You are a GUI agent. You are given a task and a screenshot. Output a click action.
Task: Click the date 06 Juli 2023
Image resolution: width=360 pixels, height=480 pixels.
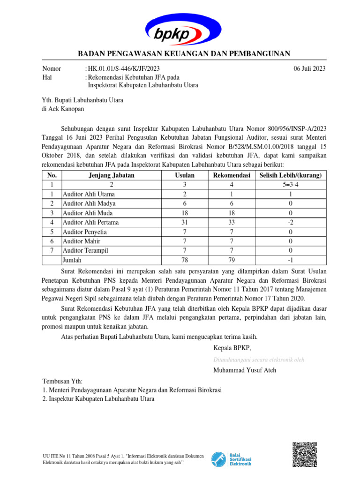[309, 68]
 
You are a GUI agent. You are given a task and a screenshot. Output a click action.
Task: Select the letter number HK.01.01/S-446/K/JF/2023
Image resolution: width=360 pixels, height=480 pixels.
[120, 68]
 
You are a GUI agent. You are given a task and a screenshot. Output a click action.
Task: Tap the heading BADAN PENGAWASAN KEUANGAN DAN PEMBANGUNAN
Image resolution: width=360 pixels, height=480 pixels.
[184, 53]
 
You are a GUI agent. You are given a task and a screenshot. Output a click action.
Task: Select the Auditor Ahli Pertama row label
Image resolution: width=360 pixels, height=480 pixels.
[90, 222]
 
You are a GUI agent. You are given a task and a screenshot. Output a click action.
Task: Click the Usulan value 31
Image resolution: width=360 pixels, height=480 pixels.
[185, 222]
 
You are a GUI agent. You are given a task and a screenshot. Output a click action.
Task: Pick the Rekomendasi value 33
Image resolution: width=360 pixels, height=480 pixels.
[229, 222]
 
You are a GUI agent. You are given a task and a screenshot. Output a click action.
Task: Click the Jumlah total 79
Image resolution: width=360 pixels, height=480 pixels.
[229, 260]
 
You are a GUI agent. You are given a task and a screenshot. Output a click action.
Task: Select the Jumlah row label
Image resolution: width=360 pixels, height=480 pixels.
[72, 260]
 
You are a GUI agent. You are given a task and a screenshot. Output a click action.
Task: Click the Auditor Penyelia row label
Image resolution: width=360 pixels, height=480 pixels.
[85, 232]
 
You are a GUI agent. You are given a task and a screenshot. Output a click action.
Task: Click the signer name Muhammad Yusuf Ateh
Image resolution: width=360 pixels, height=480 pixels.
[245, 370]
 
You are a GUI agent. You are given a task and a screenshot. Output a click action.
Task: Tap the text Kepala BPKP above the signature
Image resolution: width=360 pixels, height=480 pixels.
[232, 348]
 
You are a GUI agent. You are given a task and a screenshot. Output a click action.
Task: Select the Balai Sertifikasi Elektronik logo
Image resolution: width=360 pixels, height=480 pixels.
[232, 458]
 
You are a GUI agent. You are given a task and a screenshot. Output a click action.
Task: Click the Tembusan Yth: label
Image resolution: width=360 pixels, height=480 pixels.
[62, 382]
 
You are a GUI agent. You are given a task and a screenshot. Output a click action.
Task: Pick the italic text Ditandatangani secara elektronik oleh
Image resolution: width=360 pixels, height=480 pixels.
[259, 360]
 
